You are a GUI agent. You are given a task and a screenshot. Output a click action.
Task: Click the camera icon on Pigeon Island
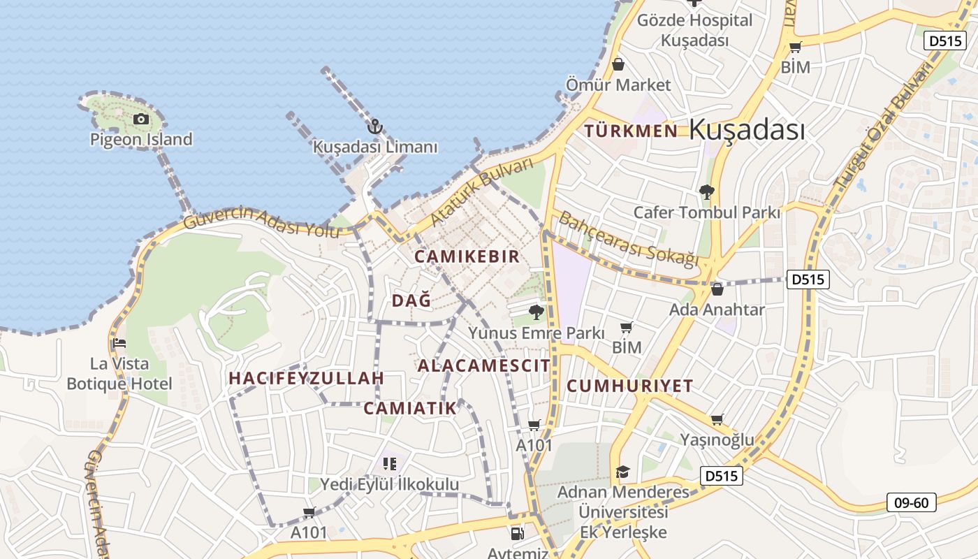tap(141, 119)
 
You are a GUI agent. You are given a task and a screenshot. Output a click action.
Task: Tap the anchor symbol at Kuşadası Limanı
tap(375, 127)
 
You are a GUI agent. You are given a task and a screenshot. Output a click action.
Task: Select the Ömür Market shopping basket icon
tap(618, 65)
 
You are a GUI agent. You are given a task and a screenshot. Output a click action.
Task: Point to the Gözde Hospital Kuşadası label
tap(694, 30)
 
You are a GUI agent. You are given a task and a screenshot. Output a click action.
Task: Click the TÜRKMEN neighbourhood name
tap(631, 131)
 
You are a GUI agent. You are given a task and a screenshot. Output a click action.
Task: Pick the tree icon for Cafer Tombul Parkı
tap(706, 191)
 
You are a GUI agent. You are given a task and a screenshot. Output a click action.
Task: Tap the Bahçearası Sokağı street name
tap(628, 238)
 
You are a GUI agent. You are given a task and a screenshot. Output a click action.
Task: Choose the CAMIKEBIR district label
tap(467, 256)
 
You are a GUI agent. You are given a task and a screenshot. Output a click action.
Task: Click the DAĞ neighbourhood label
tap(411, 300)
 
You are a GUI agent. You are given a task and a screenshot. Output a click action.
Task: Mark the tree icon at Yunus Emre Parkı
tap(536, 312)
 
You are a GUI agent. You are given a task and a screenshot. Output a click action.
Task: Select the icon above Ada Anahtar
tap(717, 289)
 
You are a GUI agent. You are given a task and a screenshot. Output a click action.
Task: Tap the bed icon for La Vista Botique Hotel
tap(119, 343)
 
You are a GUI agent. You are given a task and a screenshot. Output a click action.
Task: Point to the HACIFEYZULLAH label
tap(307, 378)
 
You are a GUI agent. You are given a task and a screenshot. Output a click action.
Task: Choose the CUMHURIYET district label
tap(629, 386)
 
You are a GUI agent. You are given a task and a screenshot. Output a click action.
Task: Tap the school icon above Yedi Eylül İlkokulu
tap(389, 463)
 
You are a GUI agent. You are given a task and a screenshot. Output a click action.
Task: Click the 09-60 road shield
tap(911, 502)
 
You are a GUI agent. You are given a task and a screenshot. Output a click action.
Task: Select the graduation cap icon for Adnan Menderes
tap(622, 472)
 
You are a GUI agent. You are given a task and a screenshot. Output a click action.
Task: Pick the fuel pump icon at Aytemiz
tap(517, 534)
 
